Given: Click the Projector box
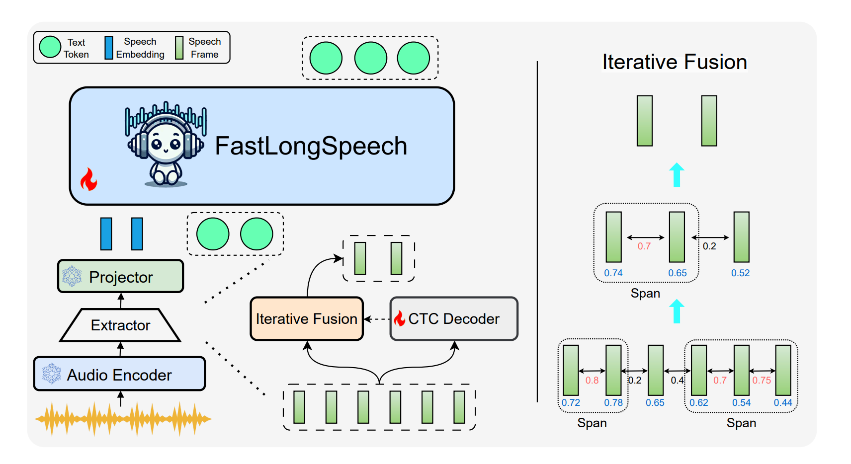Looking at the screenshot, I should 121,276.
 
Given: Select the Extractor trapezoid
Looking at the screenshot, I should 120,325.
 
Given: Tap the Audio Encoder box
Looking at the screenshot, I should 119,374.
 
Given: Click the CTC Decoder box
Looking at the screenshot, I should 454,318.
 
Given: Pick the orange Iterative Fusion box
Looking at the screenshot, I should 307,318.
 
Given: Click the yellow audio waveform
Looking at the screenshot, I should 123,419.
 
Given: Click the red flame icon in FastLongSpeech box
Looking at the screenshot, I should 89,179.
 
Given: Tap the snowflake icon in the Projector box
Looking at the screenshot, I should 72,276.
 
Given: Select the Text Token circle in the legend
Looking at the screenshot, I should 50,47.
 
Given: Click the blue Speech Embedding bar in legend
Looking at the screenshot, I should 108,48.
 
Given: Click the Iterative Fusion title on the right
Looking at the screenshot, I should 675,62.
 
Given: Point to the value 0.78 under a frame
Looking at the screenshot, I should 613,402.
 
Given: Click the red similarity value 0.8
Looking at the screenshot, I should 592,381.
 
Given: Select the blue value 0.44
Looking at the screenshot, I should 783,402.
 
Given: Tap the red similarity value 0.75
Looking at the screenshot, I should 762,381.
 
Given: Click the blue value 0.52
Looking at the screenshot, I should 740,273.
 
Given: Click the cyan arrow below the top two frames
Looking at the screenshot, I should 677,174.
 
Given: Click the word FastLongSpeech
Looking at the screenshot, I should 311,146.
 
